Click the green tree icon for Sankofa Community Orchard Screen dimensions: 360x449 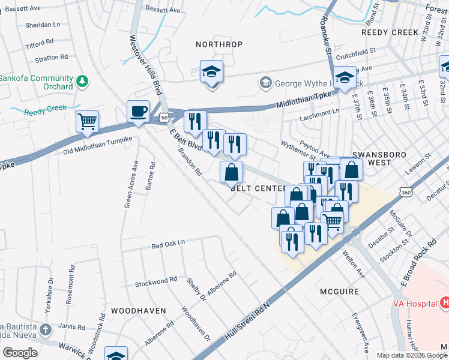point(83,80)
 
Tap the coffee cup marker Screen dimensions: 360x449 point(138,112)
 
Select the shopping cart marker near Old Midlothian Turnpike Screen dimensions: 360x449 point(87,122)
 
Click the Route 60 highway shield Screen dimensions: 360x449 point(163,118)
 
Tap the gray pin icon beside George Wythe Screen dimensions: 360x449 point(265,82)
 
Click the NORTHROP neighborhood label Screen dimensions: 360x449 point(219,44)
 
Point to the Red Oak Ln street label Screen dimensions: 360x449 point(169,245)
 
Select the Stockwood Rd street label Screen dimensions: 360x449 point(156,280)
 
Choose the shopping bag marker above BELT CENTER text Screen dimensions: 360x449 point(231,173)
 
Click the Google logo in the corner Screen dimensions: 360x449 point(20,353)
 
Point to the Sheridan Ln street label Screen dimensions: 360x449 point(43,26)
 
